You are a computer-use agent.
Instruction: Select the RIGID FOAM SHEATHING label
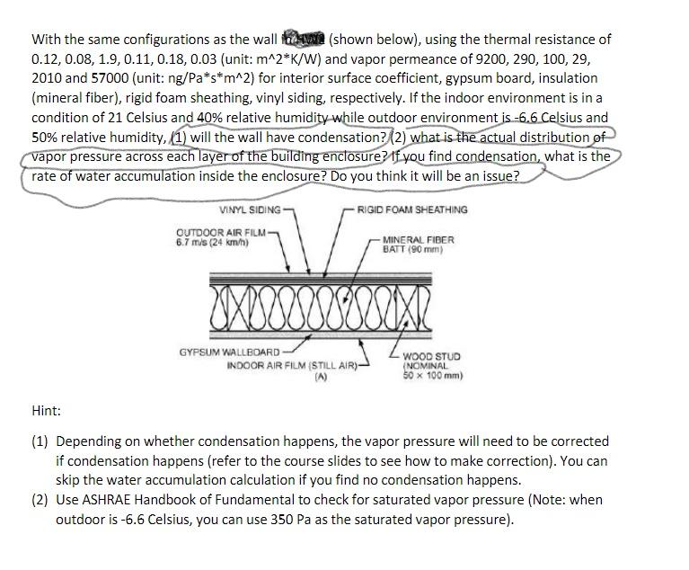click(411, 209)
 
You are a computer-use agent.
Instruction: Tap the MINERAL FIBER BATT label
click(418, 245)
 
